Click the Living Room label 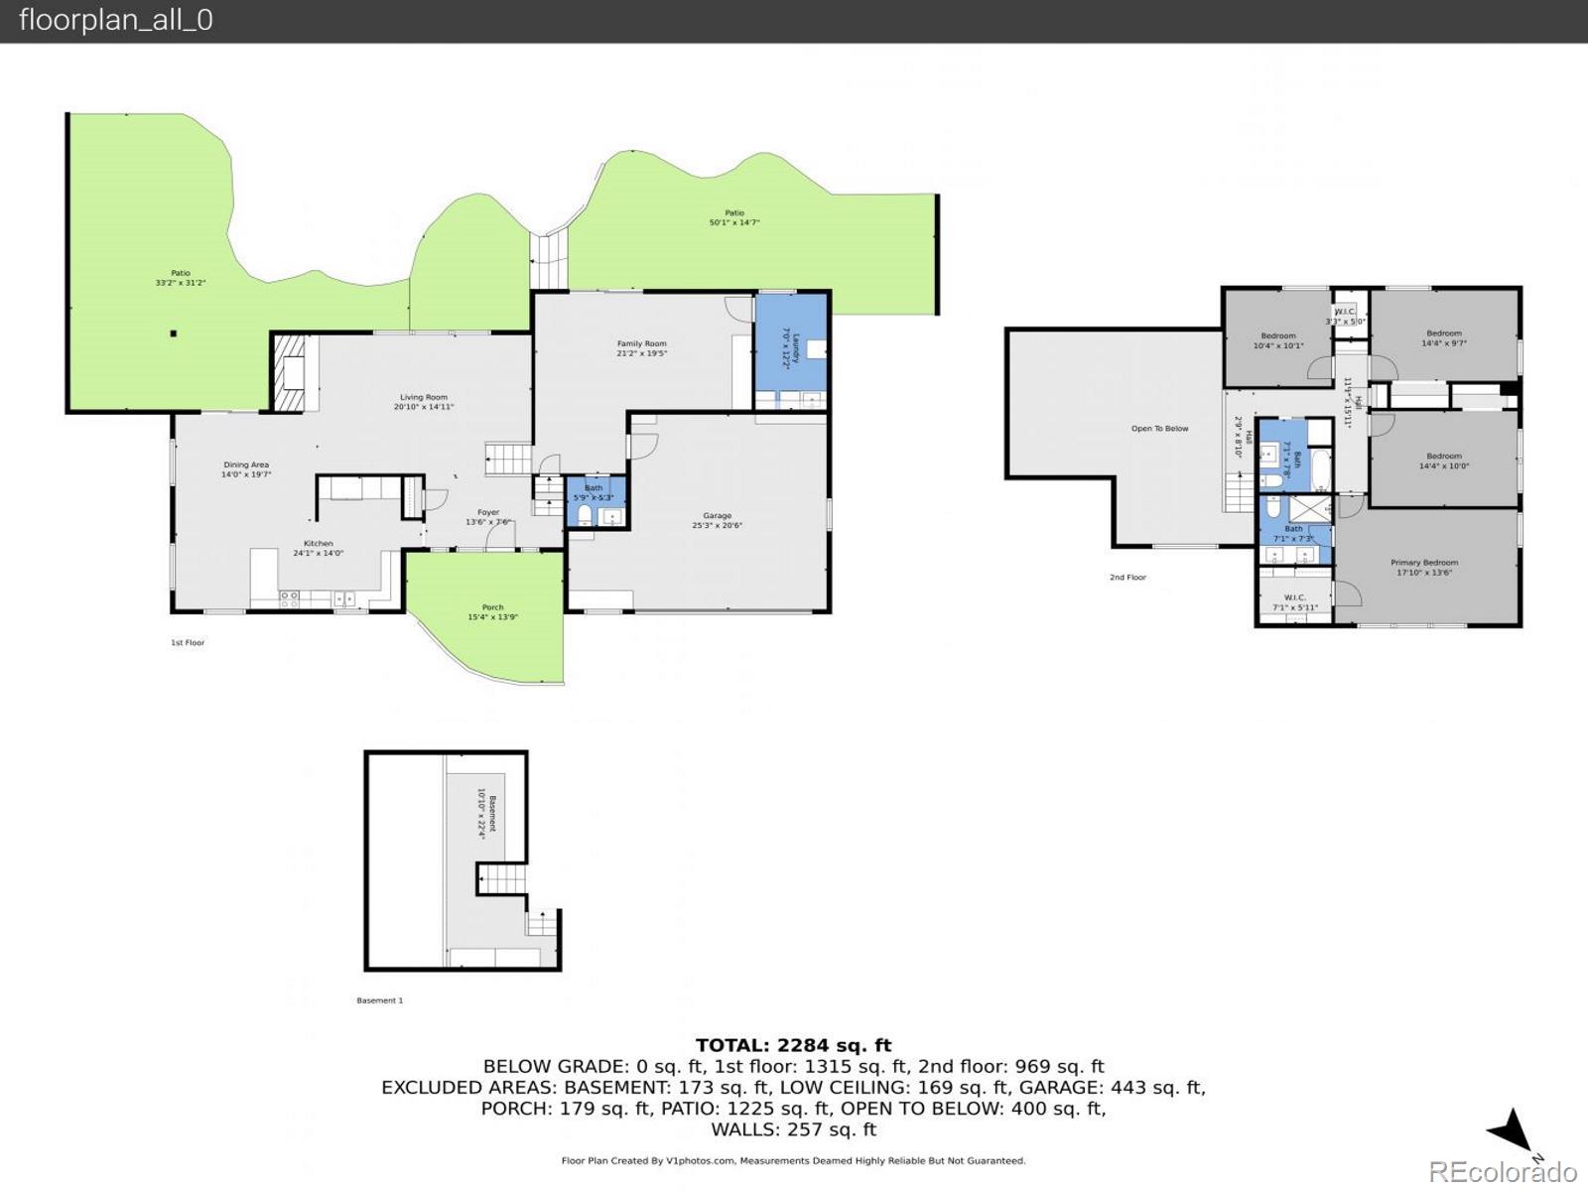[424, 402]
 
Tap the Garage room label [717, 520]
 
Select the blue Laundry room [792, 347]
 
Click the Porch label [492, 611]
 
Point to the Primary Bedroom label [1424, 567]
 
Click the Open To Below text [1159, 429]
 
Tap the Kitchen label [318, 548]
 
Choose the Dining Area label [245, 469]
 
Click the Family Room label [641, 348]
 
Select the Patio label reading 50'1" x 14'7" [733, 217]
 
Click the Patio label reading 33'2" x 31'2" [180, 278]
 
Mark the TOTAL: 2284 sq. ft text [793, 1045]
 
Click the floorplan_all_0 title [115, 20]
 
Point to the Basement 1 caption [379, 1000]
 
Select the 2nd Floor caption [1127, 577]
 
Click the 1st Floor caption [188, 643]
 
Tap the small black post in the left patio [173, 333]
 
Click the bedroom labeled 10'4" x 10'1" [1277, 340]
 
